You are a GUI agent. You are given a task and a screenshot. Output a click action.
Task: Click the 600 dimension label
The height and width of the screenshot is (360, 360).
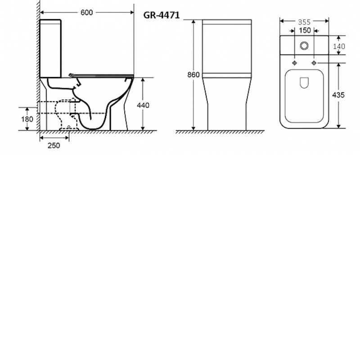(x=86, y=13)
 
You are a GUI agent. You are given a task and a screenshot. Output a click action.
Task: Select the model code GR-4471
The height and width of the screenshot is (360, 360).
(x=162, y=15)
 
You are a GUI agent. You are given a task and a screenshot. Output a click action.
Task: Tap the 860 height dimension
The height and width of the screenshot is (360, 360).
(x=193, y=75)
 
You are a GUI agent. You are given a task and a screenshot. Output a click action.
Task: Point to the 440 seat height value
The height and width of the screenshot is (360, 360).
(x=143, y=105)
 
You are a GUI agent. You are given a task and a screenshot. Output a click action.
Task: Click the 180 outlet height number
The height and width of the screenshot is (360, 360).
(x=27, y=119)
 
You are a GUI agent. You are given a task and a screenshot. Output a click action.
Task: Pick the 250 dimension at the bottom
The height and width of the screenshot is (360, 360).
(x=54, y=145)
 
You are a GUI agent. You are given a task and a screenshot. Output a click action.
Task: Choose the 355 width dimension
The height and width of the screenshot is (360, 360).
(x=304, y=22)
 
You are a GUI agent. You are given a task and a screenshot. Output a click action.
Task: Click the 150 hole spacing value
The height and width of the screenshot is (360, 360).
(x=305, y=30)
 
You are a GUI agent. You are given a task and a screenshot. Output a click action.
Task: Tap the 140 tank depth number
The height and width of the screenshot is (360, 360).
(x=339, y=46)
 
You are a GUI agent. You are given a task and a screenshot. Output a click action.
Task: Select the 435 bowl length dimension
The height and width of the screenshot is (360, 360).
(x=338, y=95)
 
